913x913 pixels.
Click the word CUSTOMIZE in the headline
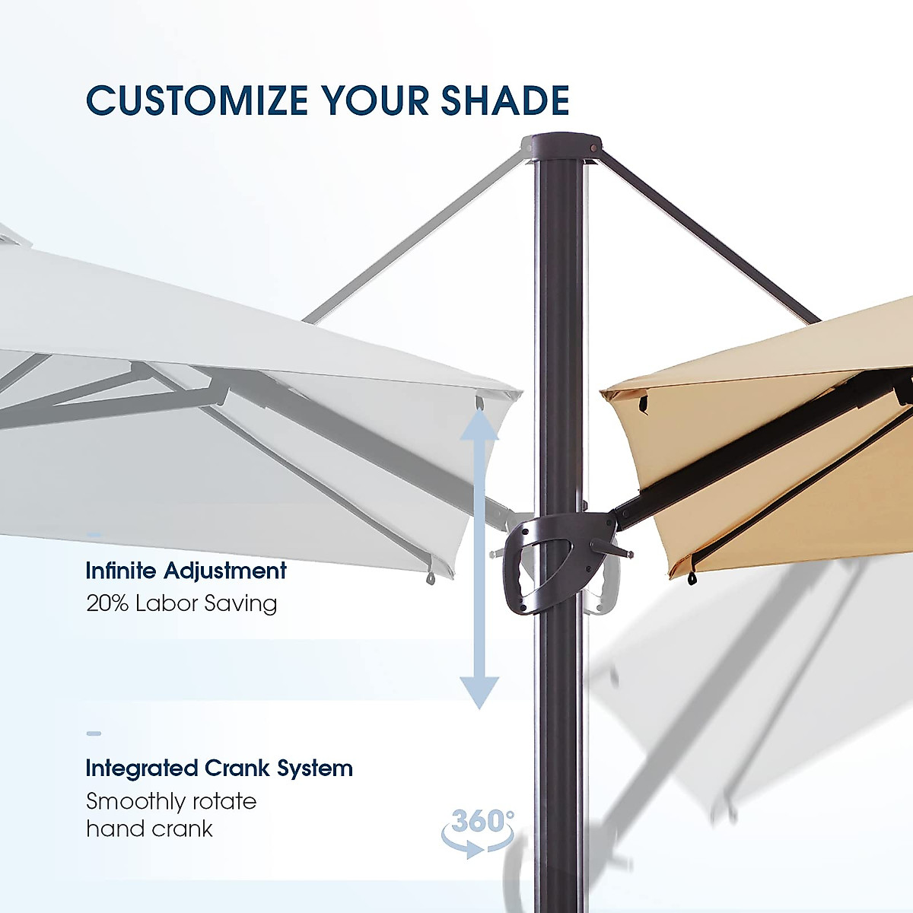point(197,100)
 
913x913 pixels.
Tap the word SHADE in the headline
point(505,100)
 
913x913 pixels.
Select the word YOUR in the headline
point(374,100)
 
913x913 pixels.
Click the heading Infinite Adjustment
point(186,571)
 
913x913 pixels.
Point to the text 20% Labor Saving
point(182,603)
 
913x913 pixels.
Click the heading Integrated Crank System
point(219,768)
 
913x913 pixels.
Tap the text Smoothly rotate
point(171,801)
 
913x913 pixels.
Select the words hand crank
point(149,829)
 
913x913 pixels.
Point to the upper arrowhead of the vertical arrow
point(479,424)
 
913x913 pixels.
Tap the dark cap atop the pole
point(561,149)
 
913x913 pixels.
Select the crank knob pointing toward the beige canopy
point(611,548)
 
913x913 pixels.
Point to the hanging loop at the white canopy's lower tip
point(430,577)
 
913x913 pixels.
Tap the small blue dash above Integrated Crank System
point(94,733)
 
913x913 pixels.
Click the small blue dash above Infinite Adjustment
point(94,535)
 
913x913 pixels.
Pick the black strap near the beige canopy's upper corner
point(643,404)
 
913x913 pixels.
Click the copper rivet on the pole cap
point(593,148)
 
